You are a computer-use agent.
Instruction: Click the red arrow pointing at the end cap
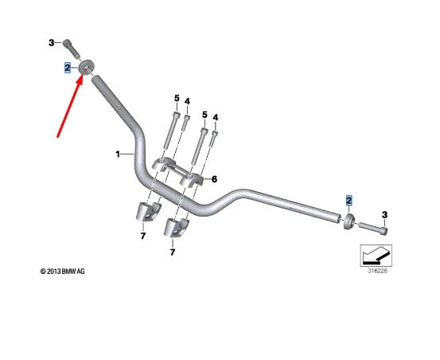70,107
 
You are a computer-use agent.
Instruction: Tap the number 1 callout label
118,155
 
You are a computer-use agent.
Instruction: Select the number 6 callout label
214,179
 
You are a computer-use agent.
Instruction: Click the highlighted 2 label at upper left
68,68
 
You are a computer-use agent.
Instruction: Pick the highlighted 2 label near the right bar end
348,201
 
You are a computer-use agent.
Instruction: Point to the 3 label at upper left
52,43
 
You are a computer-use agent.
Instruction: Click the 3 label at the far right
385,215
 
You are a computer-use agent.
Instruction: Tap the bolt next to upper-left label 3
72,49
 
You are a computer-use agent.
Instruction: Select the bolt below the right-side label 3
373,228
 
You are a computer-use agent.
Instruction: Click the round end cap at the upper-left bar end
86,68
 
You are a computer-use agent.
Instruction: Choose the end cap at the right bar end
349,221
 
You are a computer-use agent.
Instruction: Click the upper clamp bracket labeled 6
177,171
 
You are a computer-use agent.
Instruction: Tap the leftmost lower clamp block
148,211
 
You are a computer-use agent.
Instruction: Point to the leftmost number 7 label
143,236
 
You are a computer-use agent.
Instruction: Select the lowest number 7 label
173,252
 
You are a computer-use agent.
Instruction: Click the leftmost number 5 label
177,98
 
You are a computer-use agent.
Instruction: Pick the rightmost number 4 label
216,117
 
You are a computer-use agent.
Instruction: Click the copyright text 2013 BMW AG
62,272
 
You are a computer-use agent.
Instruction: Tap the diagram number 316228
377,271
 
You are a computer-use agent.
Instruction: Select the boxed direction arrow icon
376,255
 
